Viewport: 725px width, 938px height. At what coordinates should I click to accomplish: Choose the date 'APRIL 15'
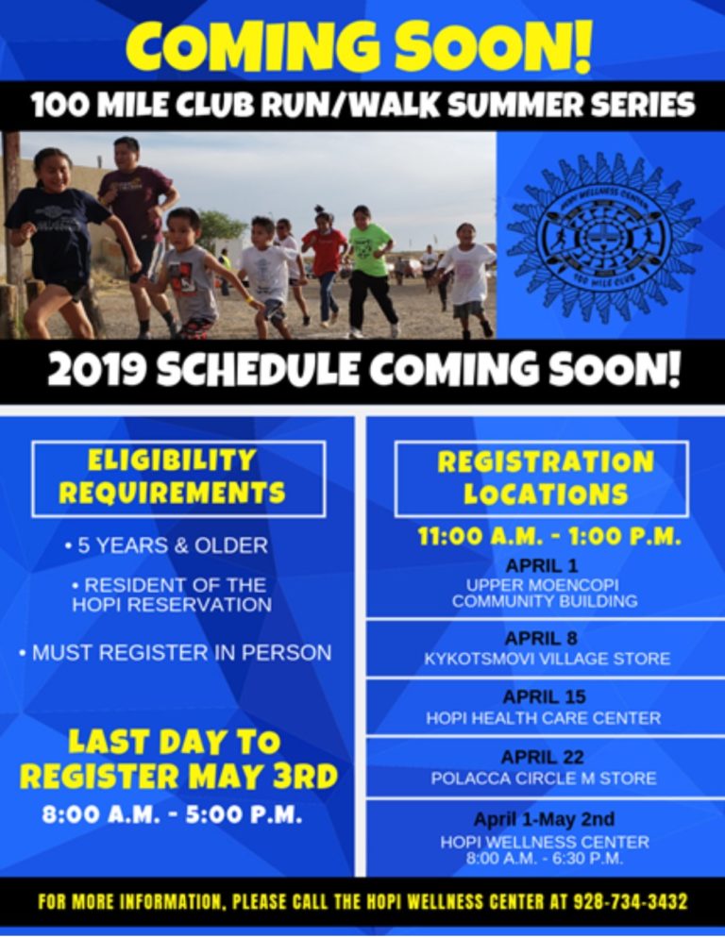click(x=544, y=697)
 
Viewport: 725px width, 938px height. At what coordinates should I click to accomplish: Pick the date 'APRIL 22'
click(x=542, y=757)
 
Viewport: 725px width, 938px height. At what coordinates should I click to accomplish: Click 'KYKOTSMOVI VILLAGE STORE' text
click(x=547, y=659)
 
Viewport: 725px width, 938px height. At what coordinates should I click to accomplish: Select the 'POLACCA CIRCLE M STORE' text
click(x=544, y=779)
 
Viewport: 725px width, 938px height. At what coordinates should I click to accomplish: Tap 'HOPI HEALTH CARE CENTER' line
click(x=544, y=718)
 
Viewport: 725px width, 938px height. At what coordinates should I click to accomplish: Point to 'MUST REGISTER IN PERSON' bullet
click(x=176, y=652)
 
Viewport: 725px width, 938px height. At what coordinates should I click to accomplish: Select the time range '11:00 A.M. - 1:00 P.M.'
click(x=548, y=536)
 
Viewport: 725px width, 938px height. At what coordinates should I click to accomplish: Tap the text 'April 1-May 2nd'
click(x=544, y=819)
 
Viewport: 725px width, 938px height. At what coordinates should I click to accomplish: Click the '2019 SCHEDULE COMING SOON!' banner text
click(x=362, y=372)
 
